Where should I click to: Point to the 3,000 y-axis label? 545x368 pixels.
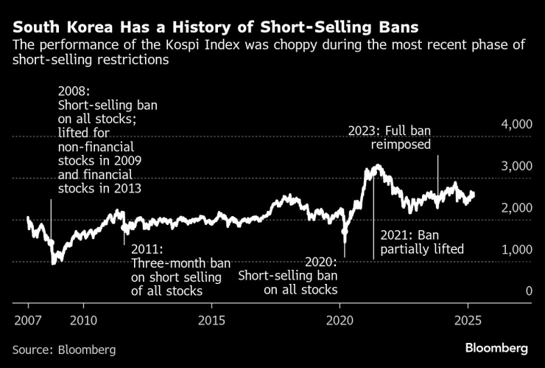[516, 167]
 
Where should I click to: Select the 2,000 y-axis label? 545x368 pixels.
[516, 208]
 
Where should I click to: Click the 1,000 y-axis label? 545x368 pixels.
[516, 250]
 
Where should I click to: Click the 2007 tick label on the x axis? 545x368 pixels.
[28, 321]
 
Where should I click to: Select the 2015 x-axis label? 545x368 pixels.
[212, 321]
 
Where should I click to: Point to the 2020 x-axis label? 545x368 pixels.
[340, 321]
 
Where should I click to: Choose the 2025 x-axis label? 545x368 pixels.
[468, 321]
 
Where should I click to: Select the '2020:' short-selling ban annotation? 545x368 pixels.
[320, 263]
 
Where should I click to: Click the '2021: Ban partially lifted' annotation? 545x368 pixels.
[422, 242]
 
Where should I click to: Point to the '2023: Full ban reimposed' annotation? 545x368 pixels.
[388, 138]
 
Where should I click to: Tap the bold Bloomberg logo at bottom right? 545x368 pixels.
[496, 347]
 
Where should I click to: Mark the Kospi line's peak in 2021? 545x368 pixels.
[376, 166]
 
